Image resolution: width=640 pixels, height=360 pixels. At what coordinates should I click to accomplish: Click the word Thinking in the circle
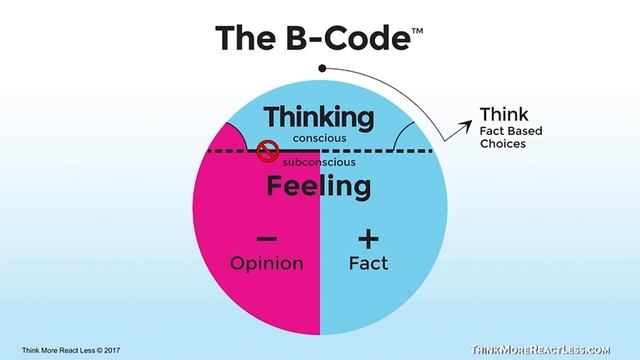pos(319,118)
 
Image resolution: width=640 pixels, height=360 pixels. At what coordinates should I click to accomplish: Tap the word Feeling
pos(319,187)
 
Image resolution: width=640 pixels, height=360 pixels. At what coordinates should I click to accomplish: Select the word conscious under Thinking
pos(319,138)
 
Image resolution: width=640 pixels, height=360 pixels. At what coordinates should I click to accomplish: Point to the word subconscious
pos(319,162)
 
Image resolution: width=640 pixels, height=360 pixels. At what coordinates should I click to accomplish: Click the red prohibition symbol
pos(267,151)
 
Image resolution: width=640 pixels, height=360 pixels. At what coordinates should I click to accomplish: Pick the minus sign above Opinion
pos(267,239)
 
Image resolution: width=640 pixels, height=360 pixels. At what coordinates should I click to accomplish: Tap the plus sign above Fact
pos(368,239)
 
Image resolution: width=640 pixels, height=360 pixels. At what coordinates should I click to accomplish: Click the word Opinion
pos(267,263)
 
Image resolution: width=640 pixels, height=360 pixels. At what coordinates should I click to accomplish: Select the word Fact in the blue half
pos(368,263)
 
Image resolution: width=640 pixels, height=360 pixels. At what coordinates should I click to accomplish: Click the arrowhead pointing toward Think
pos(466,127)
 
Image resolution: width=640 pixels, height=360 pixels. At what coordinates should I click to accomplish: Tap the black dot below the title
pos(322,68)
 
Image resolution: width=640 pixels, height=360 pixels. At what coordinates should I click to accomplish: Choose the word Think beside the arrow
pos(504,114)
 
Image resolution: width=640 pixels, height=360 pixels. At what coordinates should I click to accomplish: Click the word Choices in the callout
pos(503,144)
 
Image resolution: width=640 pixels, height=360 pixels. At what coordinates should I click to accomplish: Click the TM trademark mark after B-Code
pos(417,31)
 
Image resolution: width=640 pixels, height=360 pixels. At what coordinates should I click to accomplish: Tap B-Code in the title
pos(348,38)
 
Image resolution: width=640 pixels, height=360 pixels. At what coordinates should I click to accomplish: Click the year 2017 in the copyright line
pos(112,350)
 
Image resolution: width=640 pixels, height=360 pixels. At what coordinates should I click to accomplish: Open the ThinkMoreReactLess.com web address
pos(540,350)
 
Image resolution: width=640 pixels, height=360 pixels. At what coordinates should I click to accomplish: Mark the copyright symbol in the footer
pos(100,350)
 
